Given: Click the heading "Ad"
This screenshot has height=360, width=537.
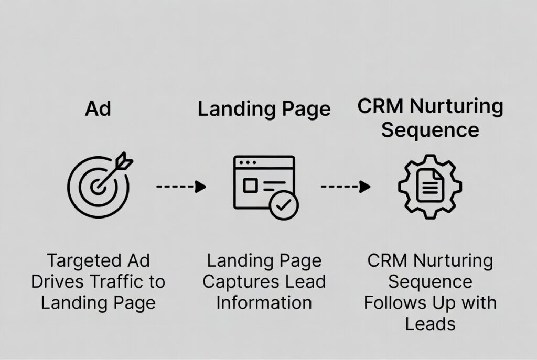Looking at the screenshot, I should pos(98,109).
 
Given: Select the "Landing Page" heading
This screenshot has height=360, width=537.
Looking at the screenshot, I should pos(264,109).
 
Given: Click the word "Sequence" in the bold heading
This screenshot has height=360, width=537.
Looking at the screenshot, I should pos(430,129).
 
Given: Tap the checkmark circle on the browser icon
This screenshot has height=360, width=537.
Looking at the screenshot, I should pos(284,205).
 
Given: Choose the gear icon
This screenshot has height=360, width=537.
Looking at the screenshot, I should pos(430,186).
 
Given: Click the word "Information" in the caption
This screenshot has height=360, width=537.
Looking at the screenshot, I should pos(264,302).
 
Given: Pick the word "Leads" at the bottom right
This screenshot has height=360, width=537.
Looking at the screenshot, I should pos(430,323).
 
